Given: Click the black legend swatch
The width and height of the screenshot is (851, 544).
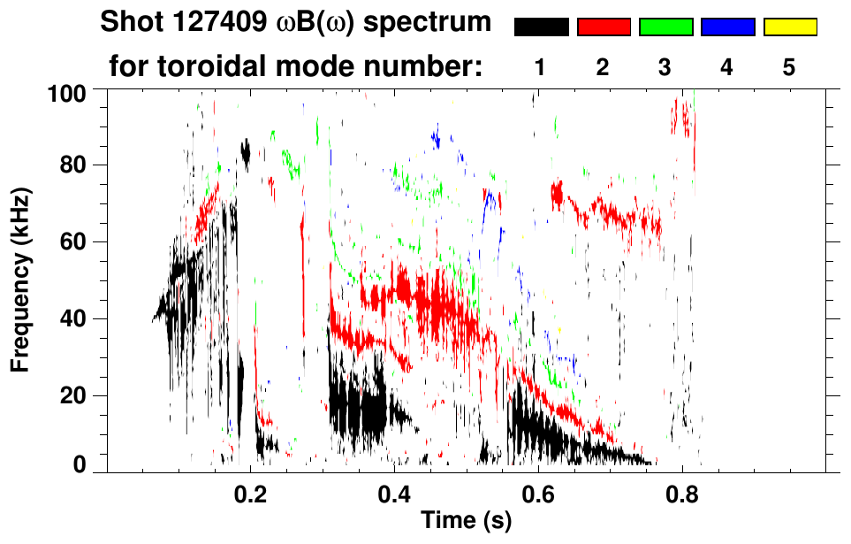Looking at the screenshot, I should [541, 27].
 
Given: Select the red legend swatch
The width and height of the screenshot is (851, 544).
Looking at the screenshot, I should [604, 27].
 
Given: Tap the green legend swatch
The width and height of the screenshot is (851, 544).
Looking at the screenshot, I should [665, 27].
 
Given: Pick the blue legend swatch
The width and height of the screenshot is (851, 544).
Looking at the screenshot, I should [727, 27].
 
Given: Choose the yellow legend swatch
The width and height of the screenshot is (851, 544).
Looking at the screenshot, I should [789, 27].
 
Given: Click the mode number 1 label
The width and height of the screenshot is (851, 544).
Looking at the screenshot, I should [540, 67].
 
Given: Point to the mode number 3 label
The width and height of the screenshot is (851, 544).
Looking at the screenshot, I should [665, 67].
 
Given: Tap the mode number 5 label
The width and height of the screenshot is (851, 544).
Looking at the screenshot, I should [789, 67].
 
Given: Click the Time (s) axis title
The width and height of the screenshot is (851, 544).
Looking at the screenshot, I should [465, 522].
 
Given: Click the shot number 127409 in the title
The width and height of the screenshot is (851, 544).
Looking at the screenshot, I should [218, 22].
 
